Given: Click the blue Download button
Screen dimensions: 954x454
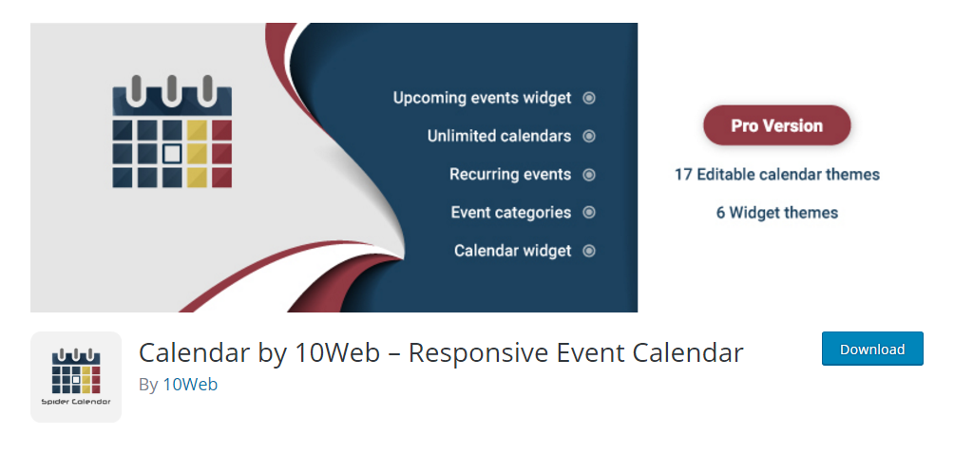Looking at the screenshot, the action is coord(872,349).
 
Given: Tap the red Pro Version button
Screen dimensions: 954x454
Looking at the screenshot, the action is coord(777,125).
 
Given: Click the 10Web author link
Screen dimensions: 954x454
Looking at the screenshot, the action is coord(190,384).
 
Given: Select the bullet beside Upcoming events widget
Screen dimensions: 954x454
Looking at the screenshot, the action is coord(589,98).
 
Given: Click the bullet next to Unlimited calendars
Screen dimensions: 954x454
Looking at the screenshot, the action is coord(589,136).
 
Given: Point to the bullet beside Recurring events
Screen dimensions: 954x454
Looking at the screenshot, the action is coord(589,175).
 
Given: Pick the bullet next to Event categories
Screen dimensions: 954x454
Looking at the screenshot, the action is coord(589,213).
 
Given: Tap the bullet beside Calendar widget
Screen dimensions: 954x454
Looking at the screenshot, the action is coord(589,251).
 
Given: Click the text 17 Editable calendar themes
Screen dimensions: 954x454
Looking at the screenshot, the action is coord(777,175).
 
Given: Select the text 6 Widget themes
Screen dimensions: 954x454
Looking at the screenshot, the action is coord(777,213).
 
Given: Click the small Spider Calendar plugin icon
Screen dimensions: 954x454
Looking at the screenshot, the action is coord(76,377).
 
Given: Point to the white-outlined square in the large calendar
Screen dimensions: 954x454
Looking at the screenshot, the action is coord(172,154).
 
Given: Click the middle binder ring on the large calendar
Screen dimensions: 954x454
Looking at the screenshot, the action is coord(172,91).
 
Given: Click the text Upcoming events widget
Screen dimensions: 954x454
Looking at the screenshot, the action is coord(482,98).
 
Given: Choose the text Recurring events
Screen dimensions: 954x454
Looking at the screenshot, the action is coord(510,175).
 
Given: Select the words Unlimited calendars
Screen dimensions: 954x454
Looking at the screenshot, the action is coord(499,136).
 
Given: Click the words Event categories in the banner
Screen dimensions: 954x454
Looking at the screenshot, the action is coord(511,213).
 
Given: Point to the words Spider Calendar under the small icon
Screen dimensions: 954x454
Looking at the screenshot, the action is coord(76,402).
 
